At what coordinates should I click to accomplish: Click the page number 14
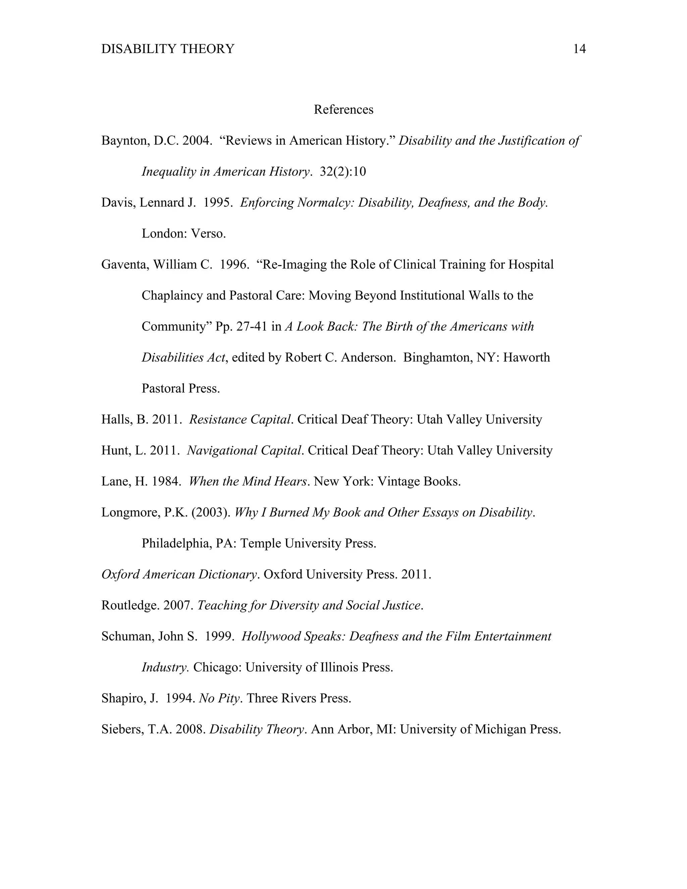(579, 49)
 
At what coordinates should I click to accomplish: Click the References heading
(343, 109)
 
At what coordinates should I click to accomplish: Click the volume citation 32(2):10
(343, 172)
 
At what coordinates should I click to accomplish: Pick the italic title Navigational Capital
(245, 451)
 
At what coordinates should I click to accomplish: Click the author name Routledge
(130, 606)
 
